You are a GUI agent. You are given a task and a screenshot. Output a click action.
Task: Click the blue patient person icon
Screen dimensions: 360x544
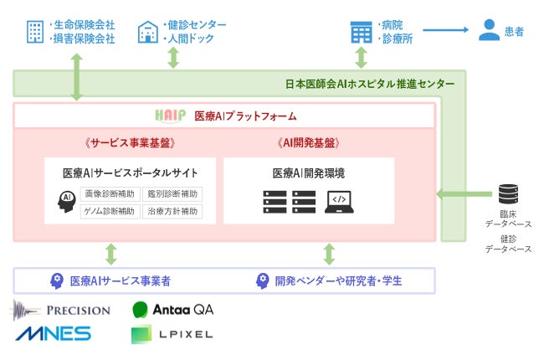click(x=489, y=31)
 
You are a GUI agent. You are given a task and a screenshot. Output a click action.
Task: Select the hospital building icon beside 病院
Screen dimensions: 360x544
click(x=361, y=32)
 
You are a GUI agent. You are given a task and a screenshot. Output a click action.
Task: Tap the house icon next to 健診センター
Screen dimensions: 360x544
click(x=147, y=32)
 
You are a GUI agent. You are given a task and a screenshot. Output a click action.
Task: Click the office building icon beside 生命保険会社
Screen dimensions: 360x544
click(x=35, y=32)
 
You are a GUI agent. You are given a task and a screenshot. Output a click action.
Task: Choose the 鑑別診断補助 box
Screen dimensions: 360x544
click(x=173, y=194)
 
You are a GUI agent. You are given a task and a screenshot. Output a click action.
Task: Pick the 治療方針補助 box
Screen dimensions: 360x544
click(x=173, y=211)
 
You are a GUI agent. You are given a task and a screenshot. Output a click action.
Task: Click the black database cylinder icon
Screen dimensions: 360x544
click(x=508, y=195)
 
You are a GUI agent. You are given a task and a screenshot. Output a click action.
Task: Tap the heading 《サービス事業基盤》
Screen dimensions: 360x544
click(x=130, y=143)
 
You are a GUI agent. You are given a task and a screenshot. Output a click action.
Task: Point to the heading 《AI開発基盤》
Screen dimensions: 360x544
click(x=308, y=143)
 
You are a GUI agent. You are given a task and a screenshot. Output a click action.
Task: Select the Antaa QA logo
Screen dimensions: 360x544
click(x=172, y=310)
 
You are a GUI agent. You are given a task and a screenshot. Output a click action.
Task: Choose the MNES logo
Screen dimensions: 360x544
click(x=52, y=334)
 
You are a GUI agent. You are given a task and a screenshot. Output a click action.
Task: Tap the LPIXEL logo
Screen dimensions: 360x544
click(x=172, y=335)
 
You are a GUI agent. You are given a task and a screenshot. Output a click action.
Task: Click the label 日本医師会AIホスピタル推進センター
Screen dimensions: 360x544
click(x=369, y=84)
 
